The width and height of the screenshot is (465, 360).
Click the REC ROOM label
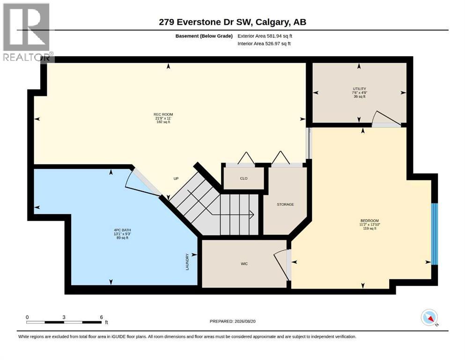point(163,114)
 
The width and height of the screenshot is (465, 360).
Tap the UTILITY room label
point(360,89)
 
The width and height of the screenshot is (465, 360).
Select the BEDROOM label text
point(369,221)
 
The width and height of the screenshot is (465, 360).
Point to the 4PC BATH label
point(122,230)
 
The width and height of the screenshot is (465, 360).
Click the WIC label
point(244,264)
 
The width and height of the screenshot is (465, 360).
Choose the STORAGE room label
point(285,204)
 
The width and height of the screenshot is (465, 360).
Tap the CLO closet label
point(244,179)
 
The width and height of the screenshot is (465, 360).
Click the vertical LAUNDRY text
point(187,262)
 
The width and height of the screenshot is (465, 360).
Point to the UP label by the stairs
point(176,179)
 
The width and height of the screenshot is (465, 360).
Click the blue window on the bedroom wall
point(434,234)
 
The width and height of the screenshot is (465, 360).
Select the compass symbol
point(429,317)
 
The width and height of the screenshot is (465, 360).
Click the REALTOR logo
point(27,32)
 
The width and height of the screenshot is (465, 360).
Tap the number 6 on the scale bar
point(102,317)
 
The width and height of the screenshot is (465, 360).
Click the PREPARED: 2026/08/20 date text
point(232,321)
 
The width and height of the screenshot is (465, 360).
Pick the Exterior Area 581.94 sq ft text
point(265,36)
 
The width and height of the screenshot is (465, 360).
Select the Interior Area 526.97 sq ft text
point(264,44)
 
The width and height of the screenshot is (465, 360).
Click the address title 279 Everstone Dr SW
point(205,22)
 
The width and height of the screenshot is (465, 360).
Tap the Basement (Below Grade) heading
point(204,36)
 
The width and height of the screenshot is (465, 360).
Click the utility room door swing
point(387,118)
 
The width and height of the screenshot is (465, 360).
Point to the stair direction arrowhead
point(251,214)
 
